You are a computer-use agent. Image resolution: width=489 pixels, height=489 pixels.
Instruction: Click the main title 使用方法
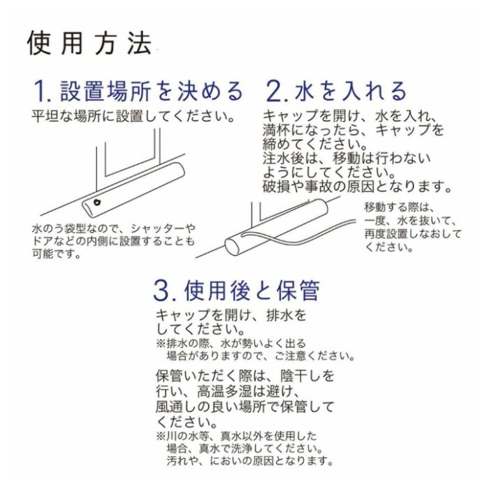point(90,43)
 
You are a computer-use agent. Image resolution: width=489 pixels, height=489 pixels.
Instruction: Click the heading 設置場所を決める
point(152,91)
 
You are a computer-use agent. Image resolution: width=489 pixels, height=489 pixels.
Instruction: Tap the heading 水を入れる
point(351,91)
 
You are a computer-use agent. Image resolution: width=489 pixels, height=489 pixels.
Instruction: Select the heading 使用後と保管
point(252,291)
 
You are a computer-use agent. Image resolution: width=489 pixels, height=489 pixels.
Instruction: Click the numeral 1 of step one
point(40,91)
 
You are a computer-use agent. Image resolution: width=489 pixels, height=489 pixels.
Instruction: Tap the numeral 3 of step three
point(161,291)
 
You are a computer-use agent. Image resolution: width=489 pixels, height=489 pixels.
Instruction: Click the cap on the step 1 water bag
point(97,202)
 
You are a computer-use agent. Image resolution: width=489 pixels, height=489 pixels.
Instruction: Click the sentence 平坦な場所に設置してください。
point(133,117)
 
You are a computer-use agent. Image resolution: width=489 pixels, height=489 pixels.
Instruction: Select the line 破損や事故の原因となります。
point(358,187)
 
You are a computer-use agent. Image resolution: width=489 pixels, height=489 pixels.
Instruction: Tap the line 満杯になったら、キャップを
point(353,130)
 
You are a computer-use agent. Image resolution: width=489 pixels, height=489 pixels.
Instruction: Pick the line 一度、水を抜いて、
point(410,221)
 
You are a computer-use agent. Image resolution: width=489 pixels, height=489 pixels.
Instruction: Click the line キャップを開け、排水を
point(231,315)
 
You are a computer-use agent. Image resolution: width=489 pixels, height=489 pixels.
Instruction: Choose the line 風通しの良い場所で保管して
point(245,407)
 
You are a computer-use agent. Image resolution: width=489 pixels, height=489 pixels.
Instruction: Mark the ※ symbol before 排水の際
point(161,344)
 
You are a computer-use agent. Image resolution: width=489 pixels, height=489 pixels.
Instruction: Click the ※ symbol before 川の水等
point(161,436)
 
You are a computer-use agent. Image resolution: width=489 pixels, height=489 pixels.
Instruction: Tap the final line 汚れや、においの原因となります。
point(250,460)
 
